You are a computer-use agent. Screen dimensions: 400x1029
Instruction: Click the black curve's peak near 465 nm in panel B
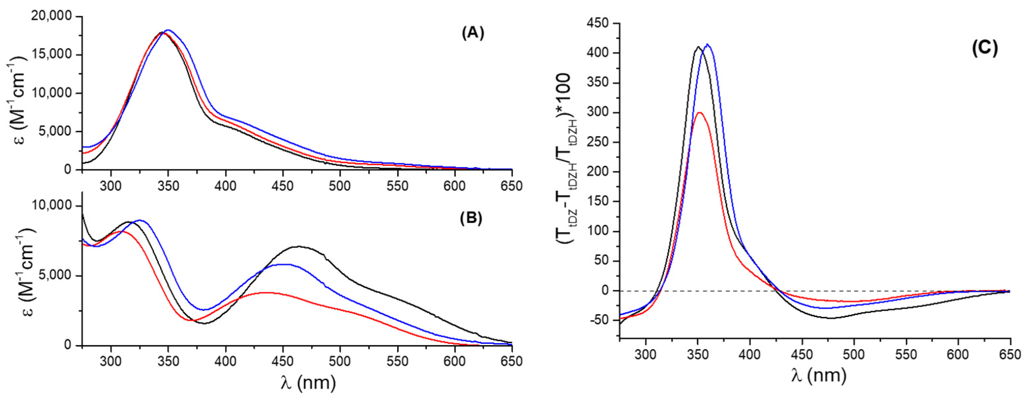(298, 246)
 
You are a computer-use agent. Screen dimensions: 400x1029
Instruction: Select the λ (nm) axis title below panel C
(818, 375)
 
